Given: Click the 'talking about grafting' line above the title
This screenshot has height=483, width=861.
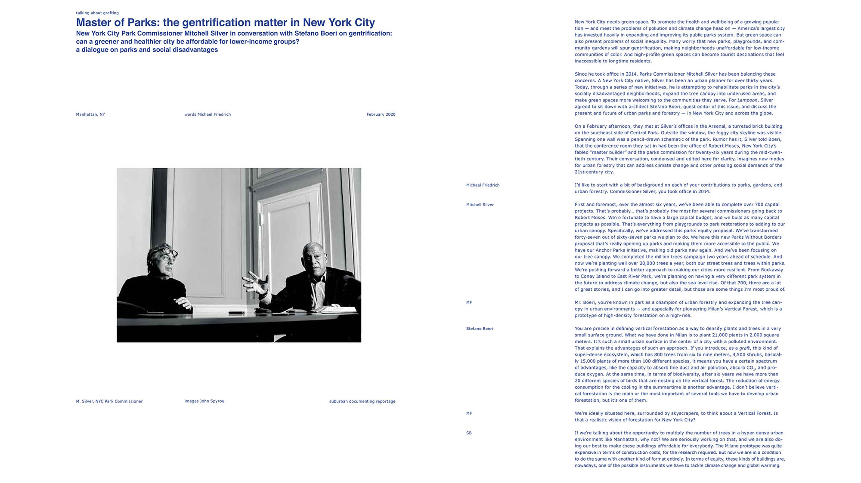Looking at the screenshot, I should pos(97,13).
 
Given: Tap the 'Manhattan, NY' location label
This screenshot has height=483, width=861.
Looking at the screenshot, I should pos(90,114).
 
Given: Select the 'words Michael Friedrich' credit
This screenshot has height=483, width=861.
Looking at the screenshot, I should pos(208,114).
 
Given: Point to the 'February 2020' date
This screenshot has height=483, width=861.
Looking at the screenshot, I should pos(381,114).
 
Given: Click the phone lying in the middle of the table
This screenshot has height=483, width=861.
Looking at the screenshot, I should pos(236,312).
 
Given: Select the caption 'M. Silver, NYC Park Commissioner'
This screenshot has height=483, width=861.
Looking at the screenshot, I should pos(109,401).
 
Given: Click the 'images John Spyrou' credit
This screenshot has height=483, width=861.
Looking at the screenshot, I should pos(204,401).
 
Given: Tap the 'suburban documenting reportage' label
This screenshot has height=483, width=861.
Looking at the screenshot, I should pos(362,401).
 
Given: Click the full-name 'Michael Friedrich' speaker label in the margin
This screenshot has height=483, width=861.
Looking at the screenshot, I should pos(483,185).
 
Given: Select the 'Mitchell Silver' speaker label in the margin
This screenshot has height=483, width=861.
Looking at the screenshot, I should pos(480,205).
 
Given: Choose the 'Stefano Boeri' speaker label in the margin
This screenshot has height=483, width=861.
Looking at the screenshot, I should pos(480,329).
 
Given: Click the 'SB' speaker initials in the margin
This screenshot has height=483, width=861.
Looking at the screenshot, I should pos(469,433).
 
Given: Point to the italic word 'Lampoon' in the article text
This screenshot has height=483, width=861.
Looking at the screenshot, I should pos(747,100).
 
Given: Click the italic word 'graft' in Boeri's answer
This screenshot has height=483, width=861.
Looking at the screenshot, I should pos(744,348).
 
